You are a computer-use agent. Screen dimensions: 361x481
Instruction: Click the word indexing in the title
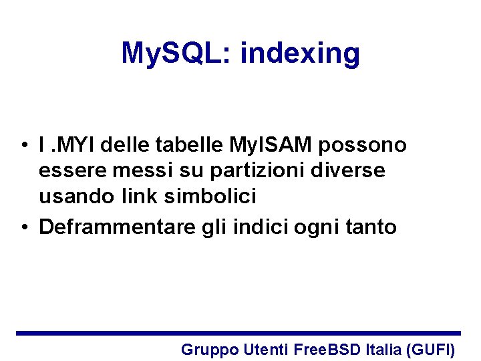point(300,53)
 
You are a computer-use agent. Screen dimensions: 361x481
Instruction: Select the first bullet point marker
point(23,145)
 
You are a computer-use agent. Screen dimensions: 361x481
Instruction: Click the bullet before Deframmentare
point(23,228)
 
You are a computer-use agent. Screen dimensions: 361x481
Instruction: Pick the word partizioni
point(247,171)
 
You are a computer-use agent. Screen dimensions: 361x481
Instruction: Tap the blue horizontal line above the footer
point(238,333)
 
